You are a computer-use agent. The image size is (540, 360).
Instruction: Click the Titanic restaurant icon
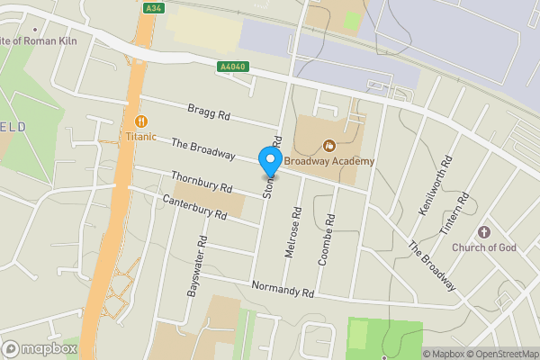point(140,121)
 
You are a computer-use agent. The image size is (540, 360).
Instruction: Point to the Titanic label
point(140,138)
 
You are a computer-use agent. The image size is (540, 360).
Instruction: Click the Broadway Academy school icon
point(329,145)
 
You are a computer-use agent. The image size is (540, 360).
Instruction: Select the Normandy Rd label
point(283,287)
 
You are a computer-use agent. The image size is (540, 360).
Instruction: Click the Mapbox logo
point(36,348)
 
